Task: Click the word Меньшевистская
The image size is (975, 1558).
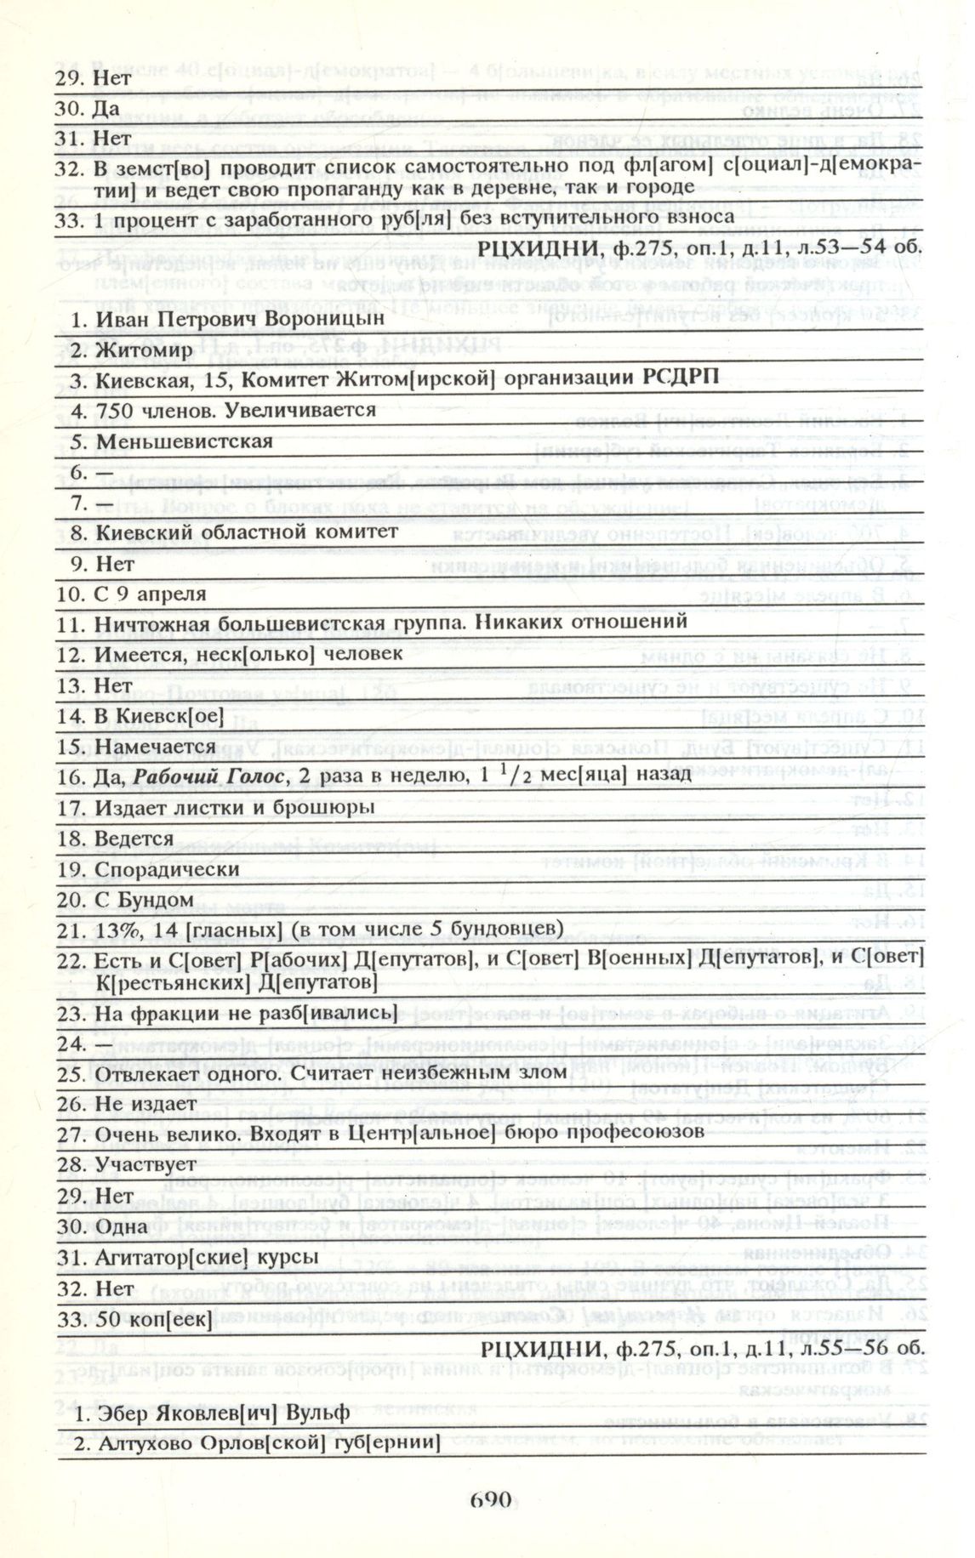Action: coord(185,441)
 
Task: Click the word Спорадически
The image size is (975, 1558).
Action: coord(168,869)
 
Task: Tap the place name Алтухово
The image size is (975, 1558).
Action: coord(145,1443)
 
